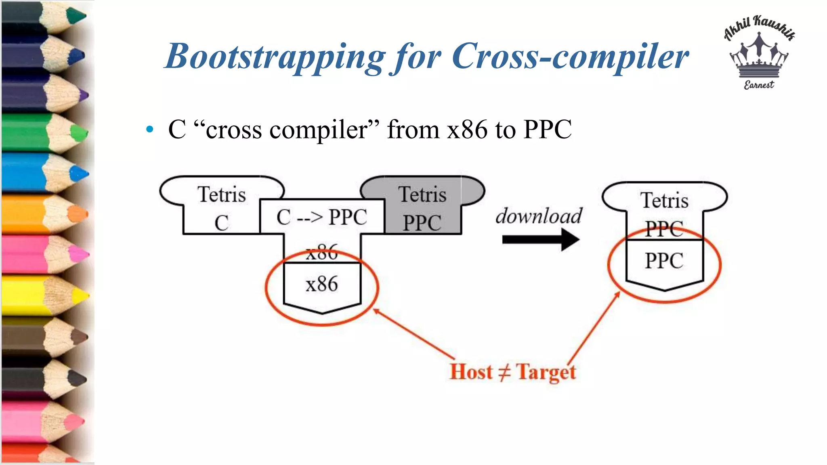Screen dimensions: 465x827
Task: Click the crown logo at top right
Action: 759,57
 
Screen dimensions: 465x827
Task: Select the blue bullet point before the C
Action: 150,130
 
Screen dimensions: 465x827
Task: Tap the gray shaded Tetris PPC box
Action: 422,208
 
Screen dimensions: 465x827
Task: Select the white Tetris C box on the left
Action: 221,208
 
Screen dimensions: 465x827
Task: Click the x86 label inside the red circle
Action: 322,284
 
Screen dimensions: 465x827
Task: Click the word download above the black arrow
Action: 539,216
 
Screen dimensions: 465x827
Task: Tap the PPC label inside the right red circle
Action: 664,261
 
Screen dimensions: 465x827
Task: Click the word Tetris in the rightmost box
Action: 664,201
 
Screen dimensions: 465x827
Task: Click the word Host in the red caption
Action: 471,372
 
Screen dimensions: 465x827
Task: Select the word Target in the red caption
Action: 546,372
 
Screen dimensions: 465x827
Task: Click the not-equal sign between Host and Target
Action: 504,372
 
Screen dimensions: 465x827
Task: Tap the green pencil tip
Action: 79,133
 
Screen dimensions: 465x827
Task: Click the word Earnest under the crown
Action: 759,85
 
